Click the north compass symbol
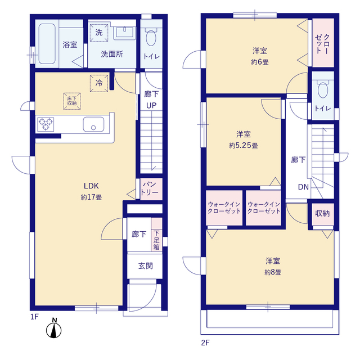(54, 328)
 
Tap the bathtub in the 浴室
(47, 44)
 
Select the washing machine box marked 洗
(99, 33)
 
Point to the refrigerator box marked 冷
(99, 83)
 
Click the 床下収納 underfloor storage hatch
(72, 101)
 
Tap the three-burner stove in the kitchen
(46, 124)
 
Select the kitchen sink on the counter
(93, 124)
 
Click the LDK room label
(91, 186)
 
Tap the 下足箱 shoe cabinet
(156, 240)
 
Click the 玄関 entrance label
(146, 266)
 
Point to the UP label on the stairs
(151, 105)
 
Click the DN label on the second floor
(303, 187)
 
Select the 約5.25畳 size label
(244, 145)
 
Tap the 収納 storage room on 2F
(322, 214)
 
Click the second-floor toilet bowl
(323, 90)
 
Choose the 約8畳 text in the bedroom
(273, 272)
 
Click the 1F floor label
(35, 317)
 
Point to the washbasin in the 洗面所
(124, 32)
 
